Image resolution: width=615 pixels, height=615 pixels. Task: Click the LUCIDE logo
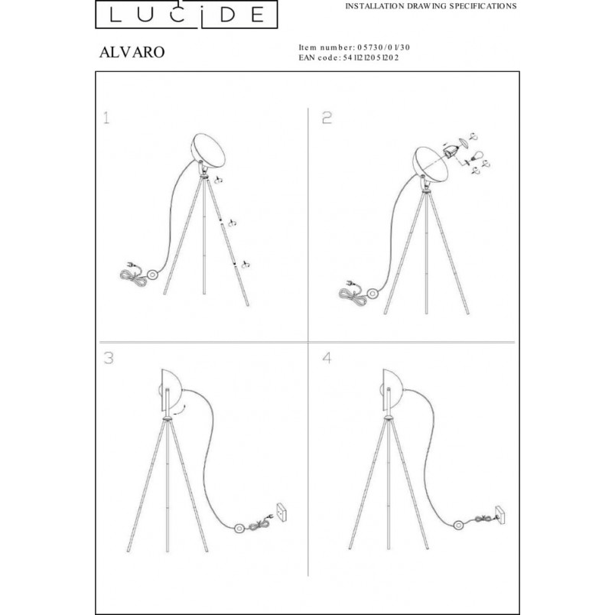click(187, 14)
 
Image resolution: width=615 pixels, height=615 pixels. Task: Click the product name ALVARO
click(132, 52)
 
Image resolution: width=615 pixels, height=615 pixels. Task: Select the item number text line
click(354, 47)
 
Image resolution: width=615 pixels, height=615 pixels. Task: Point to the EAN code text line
click(349, 57)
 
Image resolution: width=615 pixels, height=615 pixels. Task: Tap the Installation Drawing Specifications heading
click(431, 6)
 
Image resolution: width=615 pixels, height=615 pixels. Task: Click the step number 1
click(106, 118)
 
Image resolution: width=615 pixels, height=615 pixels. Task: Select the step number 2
click(327, 118)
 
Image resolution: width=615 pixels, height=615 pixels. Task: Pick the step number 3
click(109, 358)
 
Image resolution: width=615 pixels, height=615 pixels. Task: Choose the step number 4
click(327, 358)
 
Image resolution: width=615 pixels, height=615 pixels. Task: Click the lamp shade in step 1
click(209, 151)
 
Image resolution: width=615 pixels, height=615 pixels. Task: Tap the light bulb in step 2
click(477, 156)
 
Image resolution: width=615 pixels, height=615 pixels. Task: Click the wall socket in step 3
click(281, 512)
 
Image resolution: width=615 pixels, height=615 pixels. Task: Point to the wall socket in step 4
click(500, 515)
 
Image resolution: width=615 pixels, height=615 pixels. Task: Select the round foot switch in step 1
click(151, 274)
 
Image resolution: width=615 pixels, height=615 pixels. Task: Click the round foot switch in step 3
click(239, 528)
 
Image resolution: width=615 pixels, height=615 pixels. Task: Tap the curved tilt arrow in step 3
click(179, 410)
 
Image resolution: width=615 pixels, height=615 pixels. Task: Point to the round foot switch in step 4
click(457, 526)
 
